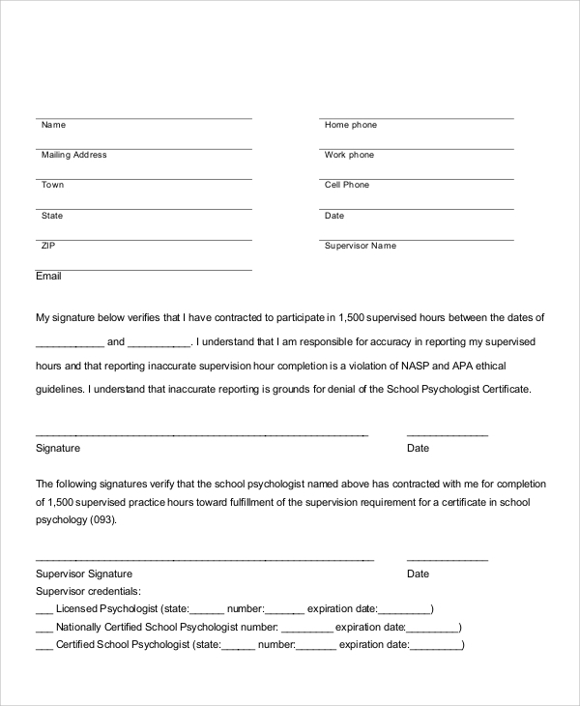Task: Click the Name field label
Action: pyautogui.click(x=53, y=125)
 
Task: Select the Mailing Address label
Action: pyautogui.click(x=73, y=155)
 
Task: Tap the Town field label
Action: pyautogui.click(x=52, y=185)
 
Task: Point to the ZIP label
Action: pyautogui.click(x=48, y=246)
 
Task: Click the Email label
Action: pyautogui.click(x=48, y=276)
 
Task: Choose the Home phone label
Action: pyautogui.click(x=351, y=125)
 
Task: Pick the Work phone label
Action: pyautogui.click(x=349, y=155)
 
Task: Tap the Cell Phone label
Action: pyautogui.click(x=347, y=185)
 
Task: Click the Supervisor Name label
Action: pyautogui.click(x=361, y=246)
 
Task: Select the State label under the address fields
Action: pyautogui.click(x=52, y=216)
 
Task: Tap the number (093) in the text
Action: pyautogui.click(x=101, y=519)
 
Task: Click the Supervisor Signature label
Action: pyautogui.click(x=83, y=574)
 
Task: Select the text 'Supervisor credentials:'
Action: pyautogui.click(x=88, y=591)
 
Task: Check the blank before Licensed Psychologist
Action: pyautogui.click(x=43, y=610)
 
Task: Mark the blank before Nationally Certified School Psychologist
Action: pyautogui.click(x=43, y=628)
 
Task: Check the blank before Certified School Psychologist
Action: pyautogui.click(x=43, y=645)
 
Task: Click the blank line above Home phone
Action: pyautogui.click(x=417, y=117)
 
